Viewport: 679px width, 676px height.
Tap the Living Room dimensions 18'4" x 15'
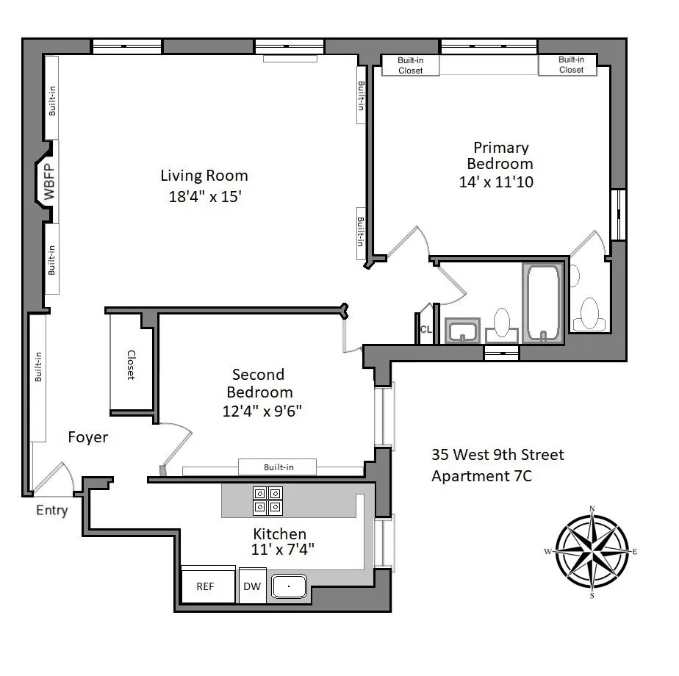click(x=204, y=197)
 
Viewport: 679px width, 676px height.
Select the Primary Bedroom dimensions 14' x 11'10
click(x=496, y=181)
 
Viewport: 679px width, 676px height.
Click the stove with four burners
click(x=267, y=500)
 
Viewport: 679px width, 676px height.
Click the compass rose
click(x=592, y=552)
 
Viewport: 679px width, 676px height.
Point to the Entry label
click(x=51, y=511)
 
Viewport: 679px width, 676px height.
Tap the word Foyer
click(x=88, y=437)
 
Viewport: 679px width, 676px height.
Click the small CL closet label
click(x=425, y=330)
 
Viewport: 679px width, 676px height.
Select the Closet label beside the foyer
click(x=131, y=364)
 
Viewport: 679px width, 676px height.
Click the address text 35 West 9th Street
click(x=497, y=455)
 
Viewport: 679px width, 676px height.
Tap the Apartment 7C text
click(x=481, y=476)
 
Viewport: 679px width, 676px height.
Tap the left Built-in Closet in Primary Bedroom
click(x=410, y=65)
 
